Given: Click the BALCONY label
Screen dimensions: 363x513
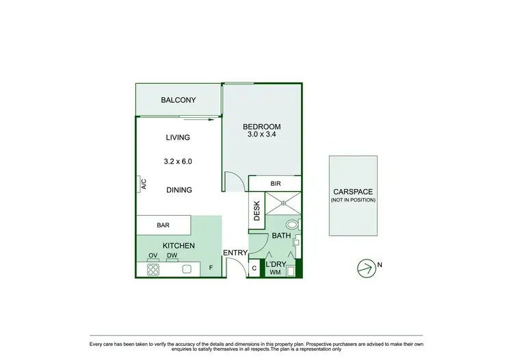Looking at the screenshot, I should (x=178, y=101).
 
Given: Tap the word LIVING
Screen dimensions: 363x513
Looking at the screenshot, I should (x=177, y=138).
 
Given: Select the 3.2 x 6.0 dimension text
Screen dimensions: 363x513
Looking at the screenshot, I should (x=177, y=162).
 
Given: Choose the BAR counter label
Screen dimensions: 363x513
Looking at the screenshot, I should (x=163, y=225).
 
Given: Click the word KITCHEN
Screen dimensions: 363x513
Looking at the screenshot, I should (x=179, y=246).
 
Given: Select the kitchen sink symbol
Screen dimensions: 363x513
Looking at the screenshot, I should (x=187, y=270).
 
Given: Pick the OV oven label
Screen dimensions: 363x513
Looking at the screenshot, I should (x=153, y=257).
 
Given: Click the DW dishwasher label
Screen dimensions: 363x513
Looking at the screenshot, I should (x=172, y=257).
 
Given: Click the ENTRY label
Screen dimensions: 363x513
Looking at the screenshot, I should (x=235, y=253).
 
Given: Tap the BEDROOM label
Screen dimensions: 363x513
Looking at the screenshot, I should (x=262, y=127).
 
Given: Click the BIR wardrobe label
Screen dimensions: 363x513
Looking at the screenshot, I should (x=276, y=184).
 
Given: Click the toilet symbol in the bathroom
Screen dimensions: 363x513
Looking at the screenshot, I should (x=292, y=224).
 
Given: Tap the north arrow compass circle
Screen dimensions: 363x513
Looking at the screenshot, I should (x=367, y=268).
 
